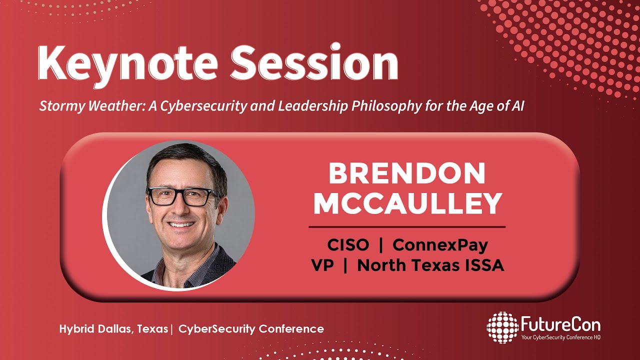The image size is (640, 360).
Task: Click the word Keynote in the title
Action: point(127,64)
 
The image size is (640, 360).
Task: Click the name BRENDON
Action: point(406,174)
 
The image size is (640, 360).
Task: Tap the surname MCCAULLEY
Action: point(407,204)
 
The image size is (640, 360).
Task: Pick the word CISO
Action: point(348,245)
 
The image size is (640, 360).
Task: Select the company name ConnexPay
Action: point(440,245)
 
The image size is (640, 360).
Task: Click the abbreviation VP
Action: point(322,265)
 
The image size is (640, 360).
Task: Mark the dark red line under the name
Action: point(407,227)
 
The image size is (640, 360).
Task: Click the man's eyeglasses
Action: point(182,196)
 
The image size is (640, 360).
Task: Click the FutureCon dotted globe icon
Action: point(502,327)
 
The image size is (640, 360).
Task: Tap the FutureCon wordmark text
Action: point(560,325)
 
